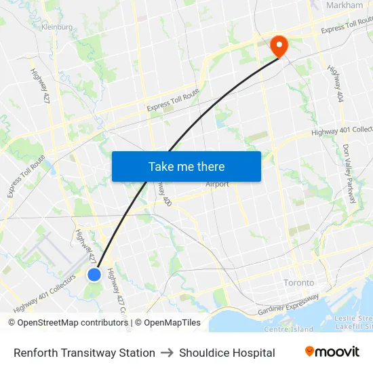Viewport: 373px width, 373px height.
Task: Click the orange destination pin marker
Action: pyautogui.click(x=278, y=45)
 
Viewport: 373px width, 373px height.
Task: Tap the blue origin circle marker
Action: pyautogui.click(x=94, y=274)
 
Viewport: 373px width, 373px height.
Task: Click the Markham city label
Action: pyautogui.click(x=345, y=5)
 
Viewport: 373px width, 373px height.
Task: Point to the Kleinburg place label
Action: pyautogui.click(x=57, y=27)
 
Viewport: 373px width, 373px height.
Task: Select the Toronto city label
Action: pyautogui.click(x=299, y=282)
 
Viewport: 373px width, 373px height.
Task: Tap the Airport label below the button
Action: pyautogui.click(x=218, y=184)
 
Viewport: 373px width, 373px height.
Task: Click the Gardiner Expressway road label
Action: pyautogui.click(x=288, y=306)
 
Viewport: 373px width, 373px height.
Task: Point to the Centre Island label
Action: pyautogui.click(x=289, y=330)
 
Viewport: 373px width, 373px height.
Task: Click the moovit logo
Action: pyautogui.click(x=332, y=351)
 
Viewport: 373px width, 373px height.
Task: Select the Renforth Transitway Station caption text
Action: pyautogui.click(x=84, y=353)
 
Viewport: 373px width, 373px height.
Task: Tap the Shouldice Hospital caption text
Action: pyautogui.click(x=227, y=353)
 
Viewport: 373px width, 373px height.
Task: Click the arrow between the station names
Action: pyautogui.click(x=167, y=353)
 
